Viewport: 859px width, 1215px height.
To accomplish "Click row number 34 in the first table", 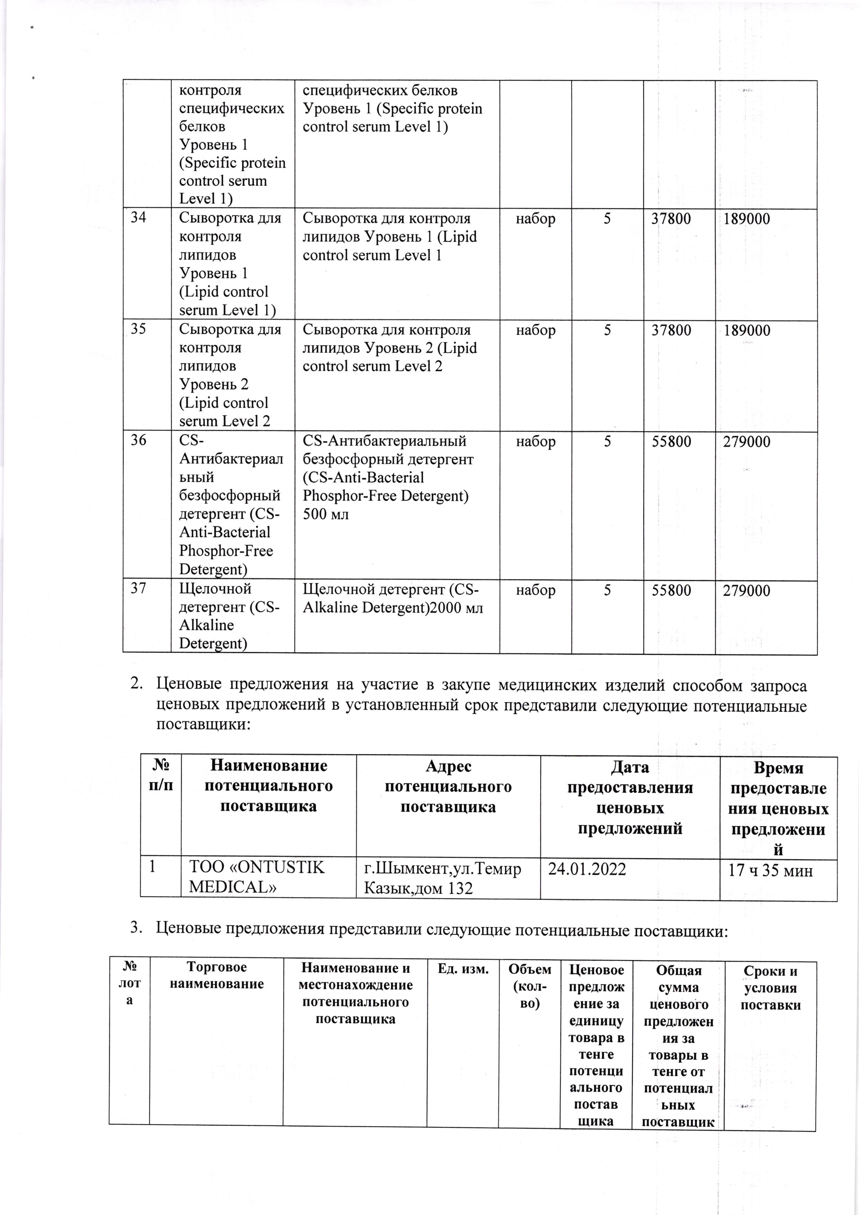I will tap(139, 218).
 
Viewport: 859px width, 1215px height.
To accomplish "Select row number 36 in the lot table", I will tap(139, 440).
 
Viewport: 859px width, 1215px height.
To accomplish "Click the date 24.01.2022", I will tap(587, 869).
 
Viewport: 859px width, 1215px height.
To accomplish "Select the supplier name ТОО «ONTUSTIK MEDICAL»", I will tap(257, 877).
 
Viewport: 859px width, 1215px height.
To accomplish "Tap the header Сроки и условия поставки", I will tap(770, 987).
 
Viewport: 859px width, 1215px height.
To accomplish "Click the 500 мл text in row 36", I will tap(326, 514).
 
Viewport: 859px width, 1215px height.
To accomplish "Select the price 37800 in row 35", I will tap(671, 330).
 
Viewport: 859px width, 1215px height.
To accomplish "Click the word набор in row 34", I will tap(535, 219).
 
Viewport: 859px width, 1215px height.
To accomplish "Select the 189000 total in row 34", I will tap(746, 219).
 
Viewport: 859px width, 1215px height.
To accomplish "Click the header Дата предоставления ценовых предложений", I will tap(629, 798).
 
